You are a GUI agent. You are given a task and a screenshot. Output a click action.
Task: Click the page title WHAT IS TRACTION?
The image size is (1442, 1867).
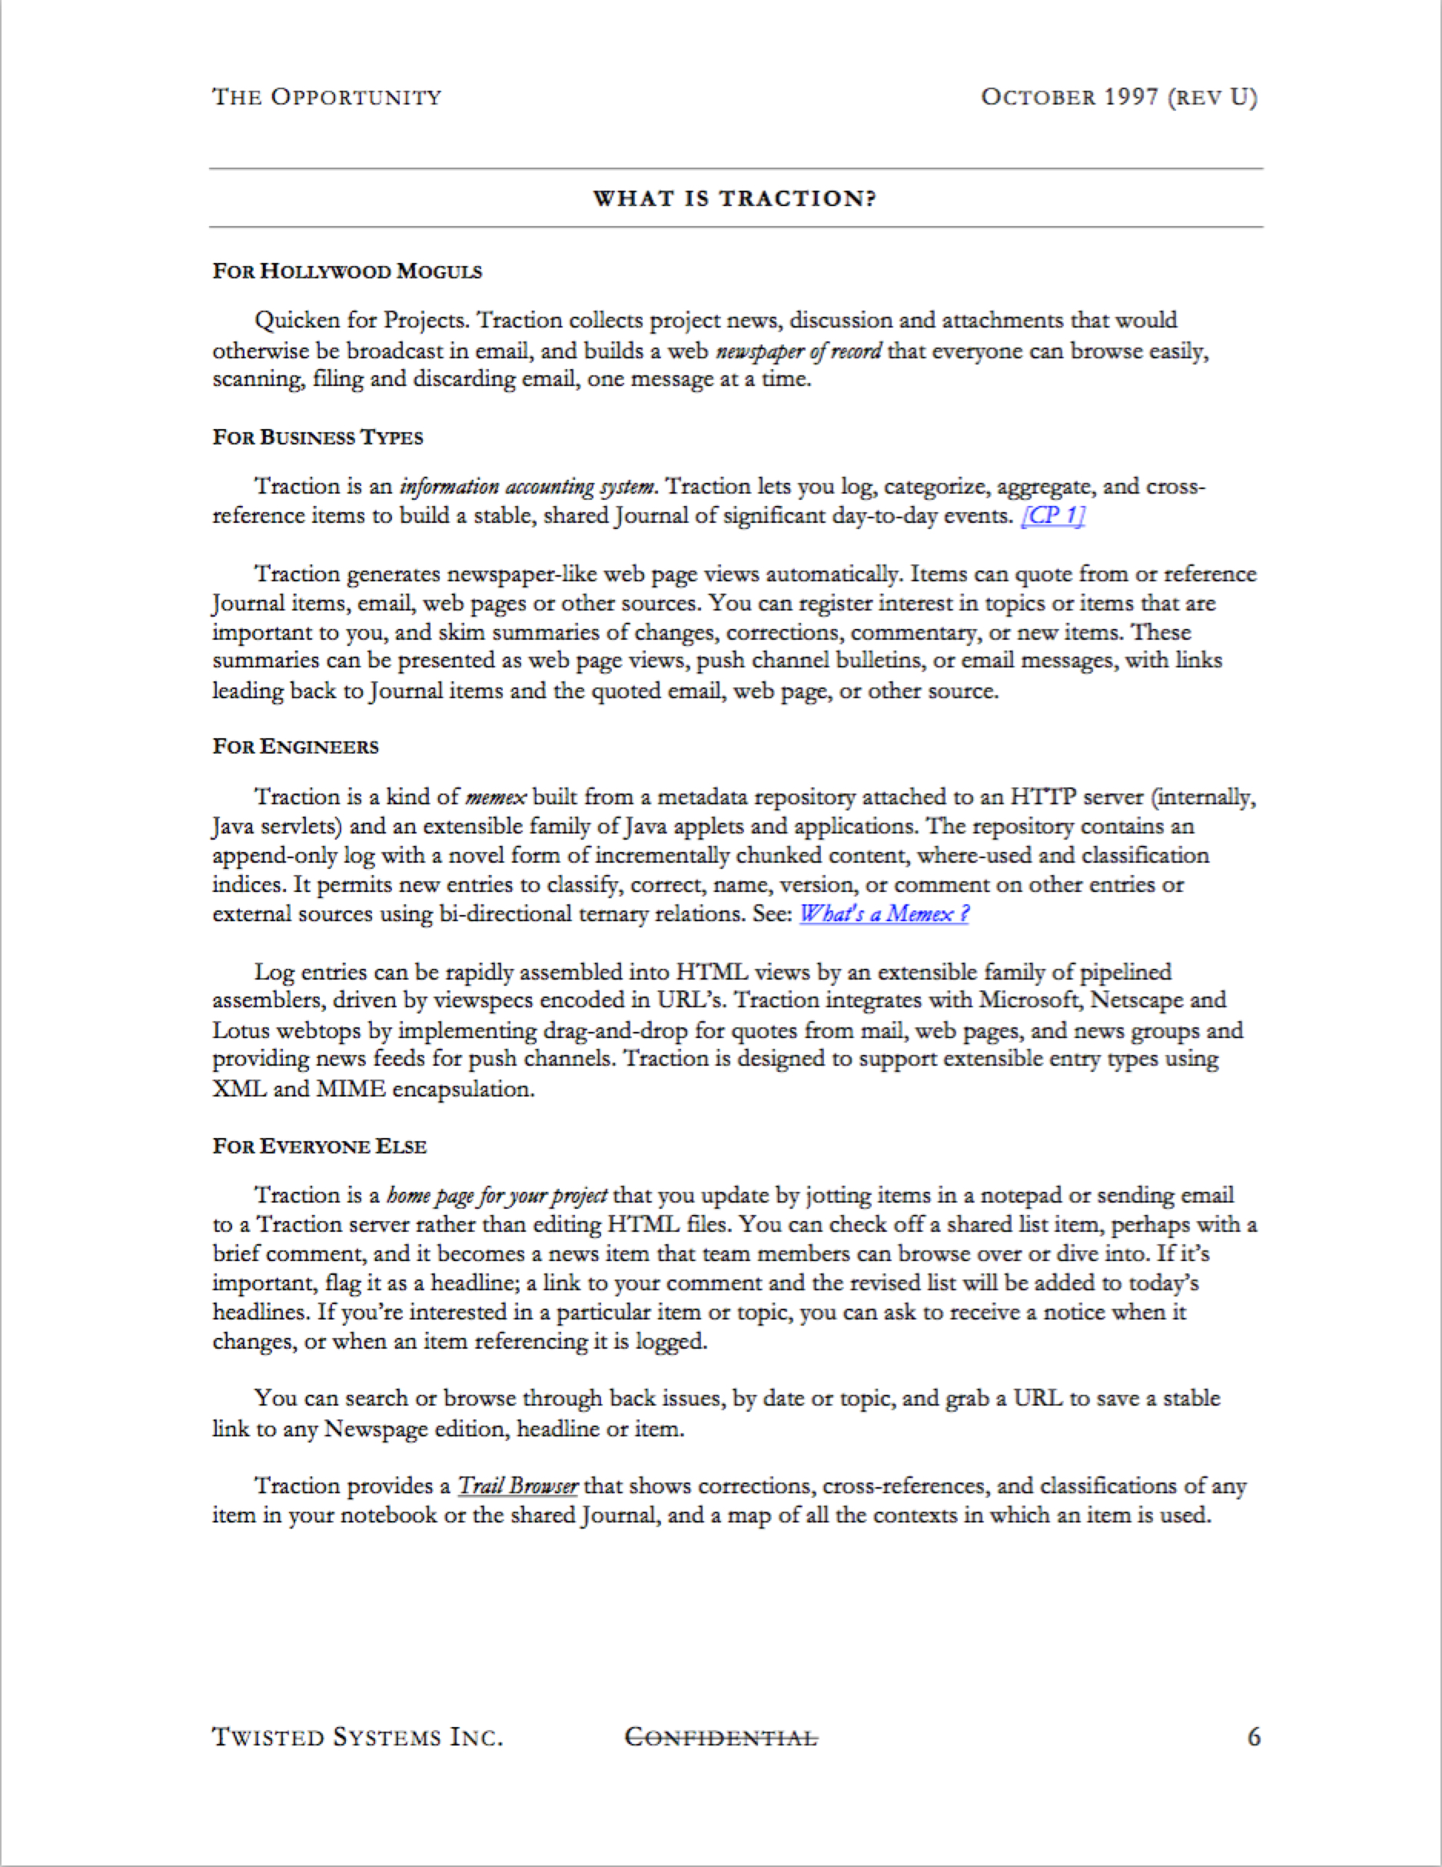click(x=735, y=198)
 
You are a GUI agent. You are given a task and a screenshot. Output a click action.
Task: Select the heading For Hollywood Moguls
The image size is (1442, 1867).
click(x=347, y=272)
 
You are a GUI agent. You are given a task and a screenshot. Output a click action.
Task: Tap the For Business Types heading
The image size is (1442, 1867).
click(x=318, y=438)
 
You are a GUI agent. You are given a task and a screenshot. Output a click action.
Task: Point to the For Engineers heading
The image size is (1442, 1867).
click(x=296, y=747)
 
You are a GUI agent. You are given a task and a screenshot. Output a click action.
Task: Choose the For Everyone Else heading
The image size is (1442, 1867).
click(x=320, y=1146)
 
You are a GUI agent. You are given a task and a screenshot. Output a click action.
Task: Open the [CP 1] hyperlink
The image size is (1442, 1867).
click(x=1053, y=516)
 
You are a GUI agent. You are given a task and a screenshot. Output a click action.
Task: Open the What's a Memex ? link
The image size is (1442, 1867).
click(x=884, y=914)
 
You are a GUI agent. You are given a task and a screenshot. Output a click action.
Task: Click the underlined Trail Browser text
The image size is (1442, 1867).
click(x=517, y=1486)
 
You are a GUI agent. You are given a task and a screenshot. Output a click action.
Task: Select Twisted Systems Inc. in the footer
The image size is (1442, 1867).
click(x=357, y=1738)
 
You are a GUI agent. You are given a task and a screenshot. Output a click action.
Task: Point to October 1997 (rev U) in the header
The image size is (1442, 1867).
click(x=1119, y=98)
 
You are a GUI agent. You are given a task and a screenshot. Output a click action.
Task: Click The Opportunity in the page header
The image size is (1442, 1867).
click(x=327, y=98)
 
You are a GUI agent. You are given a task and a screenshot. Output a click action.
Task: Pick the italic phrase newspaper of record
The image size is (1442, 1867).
click(x=799, y=351)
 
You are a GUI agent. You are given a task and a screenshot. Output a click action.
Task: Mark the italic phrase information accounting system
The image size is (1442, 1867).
click(x=528, y=488)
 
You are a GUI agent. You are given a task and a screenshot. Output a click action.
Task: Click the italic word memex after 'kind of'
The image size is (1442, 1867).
click(x=496, y=797)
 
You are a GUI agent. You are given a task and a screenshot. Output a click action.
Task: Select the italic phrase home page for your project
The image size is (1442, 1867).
click(x=497, y=1196)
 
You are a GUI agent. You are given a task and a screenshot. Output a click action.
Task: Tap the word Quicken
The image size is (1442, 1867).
click(x=297, y=321)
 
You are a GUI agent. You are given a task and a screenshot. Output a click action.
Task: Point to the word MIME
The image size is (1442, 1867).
click(x=351, y=1090)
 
